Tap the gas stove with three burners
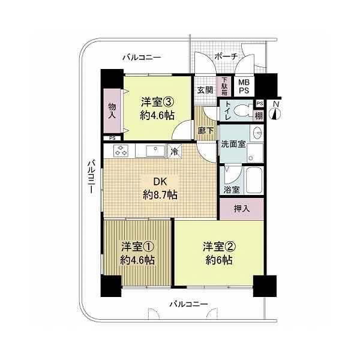pyautogui.click(x=121, y=151)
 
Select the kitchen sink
pyautogui.click(x=155, y=151)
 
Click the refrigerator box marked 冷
pyautogui.click(x=175, y=151)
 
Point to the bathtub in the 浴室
pyautogui.click(x=254, y=181)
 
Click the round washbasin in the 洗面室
pyautogui.click(x=257, y=133)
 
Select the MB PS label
pyautogui.click(x=244, y=86)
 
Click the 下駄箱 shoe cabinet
pyautogui.click(x=224, y=86)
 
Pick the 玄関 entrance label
pyautogui.click(x=205, y=90)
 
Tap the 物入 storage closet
pyautogui.click(x=112, y=111)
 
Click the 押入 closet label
pyautogui.click(x=242, y=209)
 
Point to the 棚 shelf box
pyautogui.click(x=259, y=116)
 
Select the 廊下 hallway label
pyautogui.click(x=206, y=131)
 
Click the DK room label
pyautogui.click(x=160, y=182)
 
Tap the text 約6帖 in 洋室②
pyautogui.click(x=219, y=260)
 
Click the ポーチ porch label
pyautogui.click(x=226, y=56)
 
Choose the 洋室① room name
pyautogui.click(x=137, y=247)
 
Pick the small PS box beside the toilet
pyautogui.click(x=260, y=104)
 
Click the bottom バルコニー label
pyautogui.click(x=189, y=304)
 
